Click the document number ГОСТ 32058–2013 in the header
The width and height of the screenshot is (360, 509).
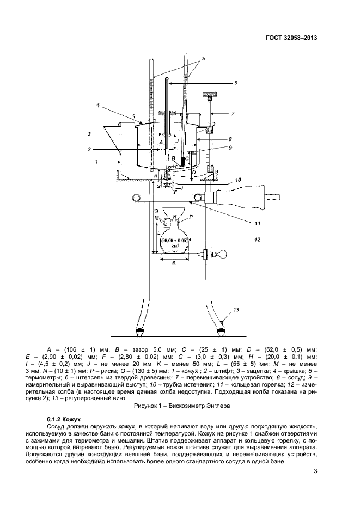(x=291, y=38)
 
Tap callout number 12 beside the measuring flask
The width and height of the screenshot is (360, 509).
(x=258, y=240)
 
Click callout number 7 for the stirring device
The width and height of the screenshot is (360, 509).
(x=233, y=114)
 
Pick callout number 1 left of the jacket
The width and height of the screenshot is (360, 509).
(x=96, y=161)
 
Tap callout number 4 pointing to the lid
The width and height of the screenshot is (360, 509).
(x=97, y=105)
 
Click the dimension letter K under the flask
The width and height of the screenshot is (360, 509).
(x=174, y=263)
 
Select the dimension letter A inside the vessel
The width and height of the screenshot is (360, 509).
(x=160, y=142)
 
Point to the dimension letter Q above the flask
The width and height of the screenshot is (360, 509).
(x=156, y=210)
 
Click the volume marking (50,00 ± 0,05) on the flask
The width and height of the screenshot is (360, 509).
(x=175, y=240)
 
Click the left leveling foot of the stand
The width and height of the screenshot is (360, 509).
(x=139, y=332)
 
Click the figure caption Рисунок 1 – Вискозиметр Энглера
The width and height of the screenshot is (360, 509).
(x=182, y=406)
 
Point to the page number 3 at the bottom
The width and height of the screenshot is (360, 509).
(x=315, y=471)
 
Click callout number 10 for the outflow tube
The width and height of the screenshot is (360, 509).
(x=238, y=180)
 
